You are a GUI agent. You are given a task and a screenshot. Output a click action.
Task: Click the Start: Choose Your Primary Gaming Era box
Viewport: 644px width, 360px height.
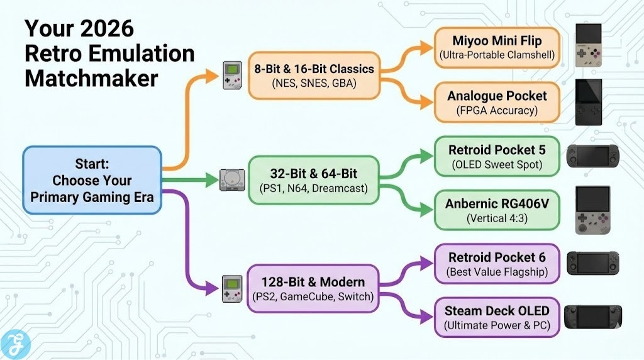92,180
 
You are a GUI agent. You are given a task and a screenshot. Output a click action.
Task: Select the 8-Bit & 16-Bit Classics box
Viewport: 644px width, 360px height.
314,75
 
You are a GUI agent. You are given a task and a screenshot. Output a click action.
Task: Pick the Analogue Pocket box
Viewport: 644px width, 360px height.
497,103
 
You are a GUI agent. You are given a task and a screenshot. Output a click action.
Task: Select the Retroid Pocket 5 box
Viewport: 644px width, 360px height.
497,157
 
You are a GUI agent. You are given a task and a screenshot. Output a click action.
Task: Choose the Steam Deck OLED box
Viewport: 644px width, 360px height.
497,317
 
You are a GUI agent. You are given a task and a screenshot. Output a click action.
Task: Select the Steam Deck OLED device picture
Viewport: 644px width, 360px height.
596,317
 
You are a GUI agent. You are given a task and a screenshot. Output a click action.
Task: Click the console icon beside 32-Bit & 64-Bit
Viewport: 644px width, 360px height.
229,180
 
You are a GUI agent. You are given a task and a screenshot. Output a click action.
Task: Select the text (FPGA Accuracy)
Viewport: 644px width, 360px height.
497,111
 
